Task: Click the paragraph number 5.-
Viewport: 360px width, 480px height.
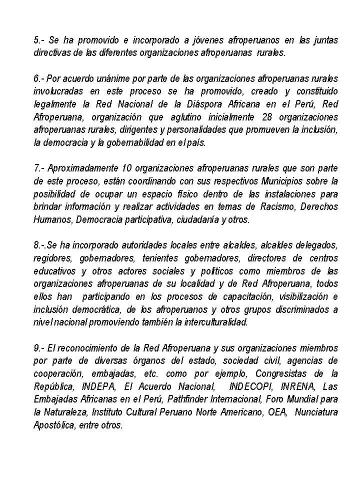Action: pyautogui.click(x=39, y=40)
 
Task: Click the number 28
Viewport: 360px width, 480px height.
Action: pyautogui.click(x=267, y=117)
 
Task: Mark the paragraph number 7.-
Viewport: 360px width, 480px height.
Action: pyautogui.click(x=39, y=168)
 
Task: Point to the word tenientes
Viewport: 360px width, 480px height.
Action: pyautogui.click(x=159, y=258)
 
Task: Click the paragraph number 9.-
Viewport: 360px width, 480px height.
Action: pyautogui.click(x=39, y=347)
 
